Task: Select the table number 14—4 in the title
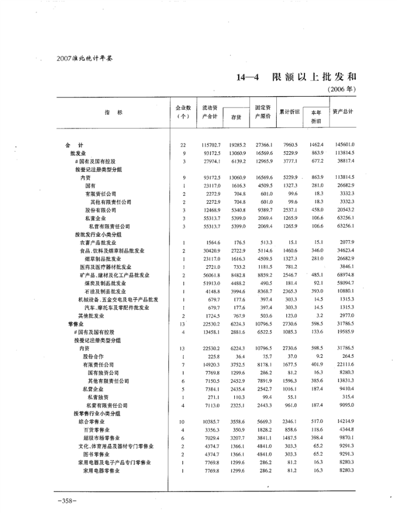248,76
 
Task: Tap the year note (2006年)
342,90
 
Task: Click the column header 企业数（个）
183,112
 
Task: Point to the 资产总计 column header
343,111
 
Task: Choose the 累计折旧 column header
289,112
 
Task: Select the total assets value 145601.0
344,146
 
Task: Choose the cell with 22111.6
344,365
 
